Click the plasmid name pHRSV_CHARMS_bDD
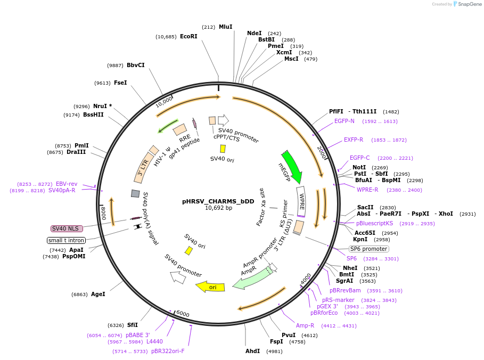coord(218,201)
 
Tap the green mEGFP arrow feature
coord(292,167)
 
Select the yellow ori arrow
coord(210,287)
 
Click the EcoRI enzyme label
coord(188,37)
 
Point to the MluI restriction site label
coord(225,27)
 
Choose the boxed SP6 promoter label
coord(368,249)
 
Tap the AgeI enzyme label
coord(98,294)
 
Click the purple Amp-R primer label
coord(305,325)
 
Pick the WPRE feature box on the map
coord(301,201)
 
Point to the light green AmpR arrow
coord(252,278)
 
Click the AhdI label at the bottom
coord(252,351)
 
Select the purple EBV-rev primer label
coord(67,184)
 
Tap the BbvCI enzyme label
coord(135,65)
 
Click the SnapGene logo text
coord(470,4)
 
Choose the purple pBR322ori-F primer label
coord(168,351)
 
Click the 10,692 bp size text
coord(218,208)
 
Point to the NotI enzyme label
coord(359,167)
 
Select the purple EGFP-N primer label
coord(344,121)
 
